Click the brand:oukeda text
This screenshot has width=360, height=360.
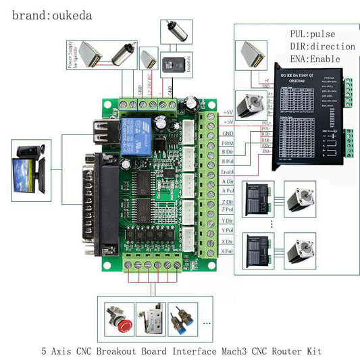[x=52, y=14]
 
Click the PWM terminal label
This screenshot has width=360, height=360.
[x=228, y=143]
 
